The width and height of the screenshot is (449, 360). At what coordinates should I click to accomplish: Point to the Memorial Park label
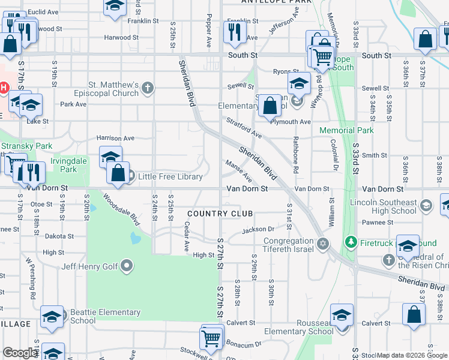(x=346, y=130)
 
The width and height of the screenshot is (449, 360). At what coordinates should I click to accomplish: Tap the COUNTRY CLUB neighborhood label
(x=220, y=214)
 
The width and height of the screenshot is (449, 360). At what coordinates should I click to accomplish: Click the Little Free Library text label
(x=170, y=176)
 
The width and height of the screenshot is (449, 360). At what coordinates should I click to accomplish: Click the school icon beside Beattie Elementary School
(x=52, y=317)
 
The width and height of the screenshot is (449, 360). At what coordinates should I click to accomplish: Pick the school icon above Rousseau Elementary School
(x=342, y=316)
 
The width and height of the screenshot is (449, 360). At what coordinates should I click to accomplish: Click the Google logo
(x=19, y=353)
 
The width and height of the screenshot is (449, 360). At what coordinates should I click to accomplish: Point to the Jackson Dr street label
(x=258, y=229)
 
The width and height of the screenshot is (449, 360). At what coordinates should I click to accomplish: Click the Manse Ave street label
(x=239, y=170)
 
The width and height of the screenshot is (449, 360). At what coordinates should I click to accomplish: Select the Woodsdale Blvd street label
(x=121, y=208)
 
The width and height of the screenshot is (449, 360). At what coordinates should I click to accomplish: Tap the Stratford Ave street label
(x=244, y=127)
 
